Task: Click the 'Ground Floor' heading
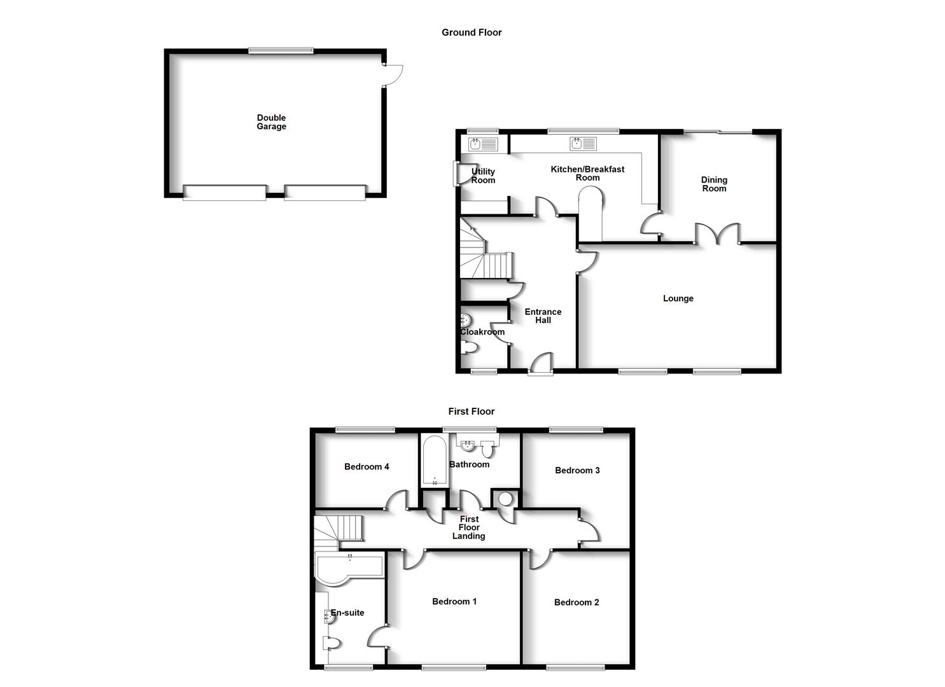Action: click(472, 32)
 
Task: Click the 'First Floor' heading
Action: click(471, 412)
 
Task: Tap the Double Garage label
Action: click(271, 122)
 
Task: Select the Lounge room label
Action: click(678, 298)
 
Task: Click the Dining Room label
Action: click(714, 184)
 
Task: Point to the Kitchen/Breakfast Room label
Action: click(587, 174)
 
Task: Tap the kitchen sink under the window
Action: click(584, 144)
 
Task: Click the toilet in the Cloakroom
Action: click(469, 348)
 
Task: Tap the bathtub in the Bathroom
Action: click(435, 461)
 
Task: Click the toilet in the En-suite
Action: click(332, 643)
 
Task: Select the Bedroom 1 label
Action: click(454, 602)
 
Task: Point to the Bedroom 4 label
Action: click(367, 467)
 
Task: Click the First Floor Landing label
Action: click(469, 528)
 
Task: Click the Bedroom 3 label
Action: click(577, 471)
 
